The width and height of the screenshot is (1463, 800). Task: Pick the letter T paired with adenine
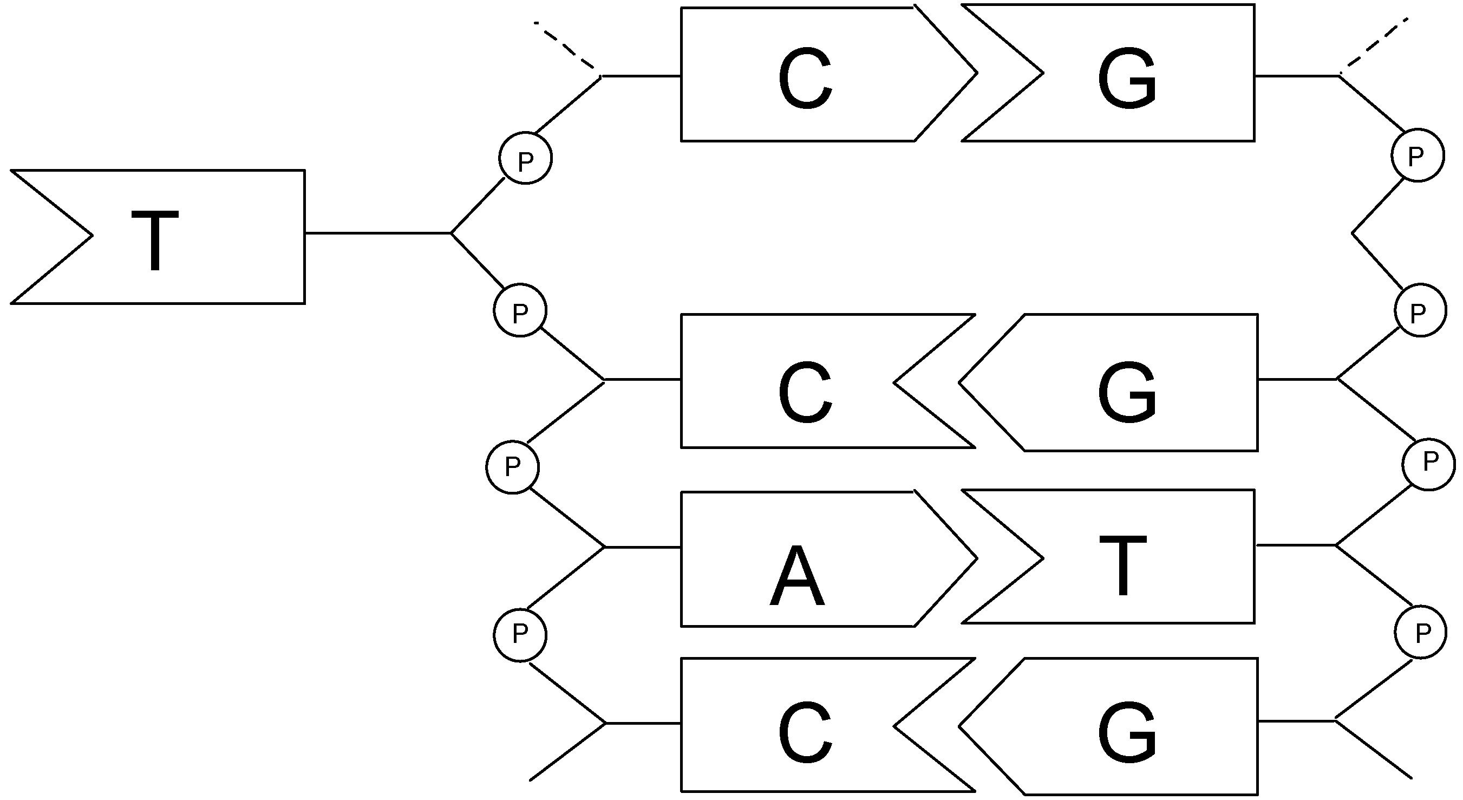[1123, 565]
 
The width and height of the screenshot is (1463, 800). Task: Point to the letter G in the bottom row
[1127, 731]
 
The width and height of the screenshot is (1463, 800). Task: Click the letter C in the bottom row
[805, 731]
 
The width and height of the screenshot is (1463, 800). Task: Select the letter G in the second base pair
[1127, 392]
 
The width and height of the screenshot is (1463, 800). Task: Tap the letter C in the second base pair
[805, 392]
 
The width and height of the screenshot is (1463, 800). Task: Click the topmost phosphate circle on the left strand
[525, 158]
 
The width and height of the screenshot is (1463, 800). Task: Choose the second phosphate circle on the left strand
[520, 310]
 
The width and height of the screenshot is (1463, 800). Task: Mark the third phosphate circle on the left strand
[512, 467]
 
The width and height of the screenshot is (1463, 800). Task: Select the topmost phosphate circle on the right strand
[1418, 154]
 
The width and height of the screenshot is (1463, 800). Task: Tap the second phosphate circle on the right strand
[1420, 311]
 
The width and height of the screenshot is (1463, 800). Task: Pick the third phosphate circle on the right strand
[1428, 464]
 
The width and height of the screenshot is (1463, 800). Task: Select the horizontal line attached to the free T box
[378, 232]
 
